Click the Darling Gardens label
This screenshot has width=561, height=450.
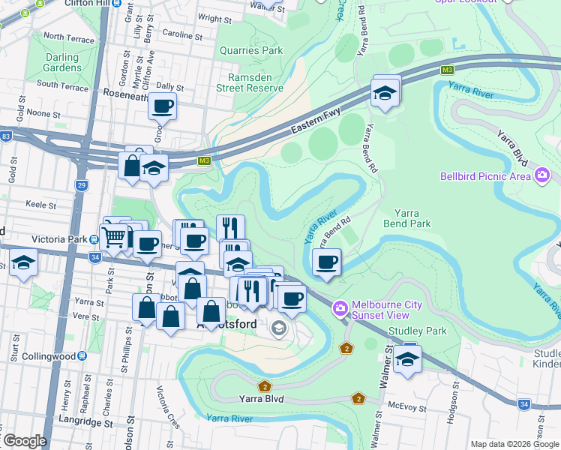tap(62, 62)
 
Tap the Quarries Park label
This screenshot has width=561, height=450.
tap(251, 50)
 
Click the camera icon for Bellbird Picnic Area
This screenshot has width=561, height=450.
tap(541, 176)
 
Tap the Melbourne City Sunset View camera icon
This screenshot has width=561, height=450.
tap(340, 308)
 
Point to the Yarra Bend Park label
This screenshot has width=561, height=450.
tap(407, 218)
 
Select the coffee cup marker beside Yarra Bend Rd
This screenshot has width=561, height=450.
tap(326, 262)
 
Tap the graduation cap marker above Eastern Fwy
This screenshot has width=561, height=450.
tap(385, 92)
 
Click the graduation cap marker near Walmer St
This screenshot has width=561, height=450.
tap(407, 358)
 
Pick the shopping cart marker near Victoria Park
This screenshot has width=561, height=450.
tap(114, 238)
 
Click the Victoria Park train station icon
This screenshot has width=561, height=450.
tap(93, 240)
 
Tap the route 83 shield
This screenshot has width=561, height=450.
tap(6, 136)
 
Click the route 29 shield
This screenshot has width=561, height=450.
tap(81, 184)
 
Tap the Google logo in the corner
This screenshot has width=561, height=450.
tap(24, 441)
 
